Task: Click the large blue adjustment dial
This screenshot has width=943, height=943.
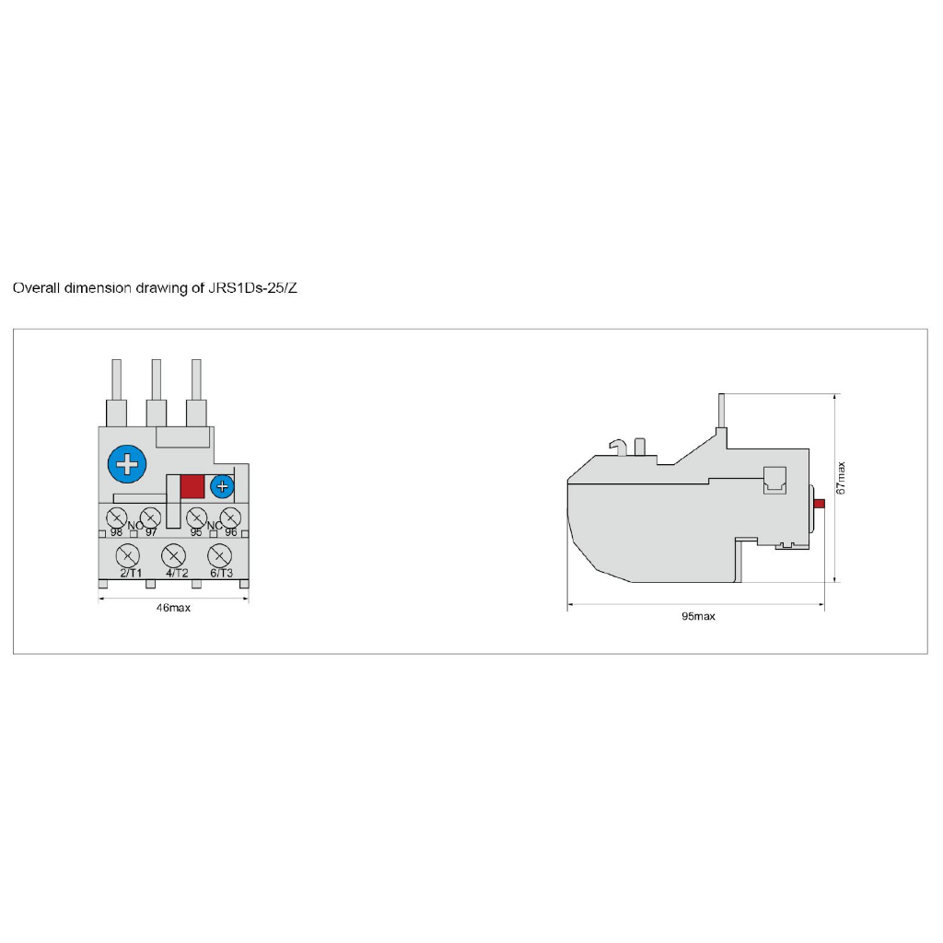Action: pos(127,464)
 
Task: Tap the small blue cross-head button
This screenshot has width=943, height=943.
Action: pos(222,486)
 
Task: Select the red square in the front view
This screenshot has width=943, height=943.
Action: pos(192,486)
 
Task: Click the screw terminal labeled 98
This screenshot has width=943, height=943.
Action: pos(116,518)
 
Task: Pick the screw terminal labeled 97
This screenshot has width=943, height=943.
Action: pos(150,518)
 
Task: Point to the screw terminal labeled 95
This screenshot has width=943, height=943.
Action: pos(197,518)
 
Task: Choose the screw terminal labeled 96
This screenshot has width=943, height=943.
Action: pos(230,518)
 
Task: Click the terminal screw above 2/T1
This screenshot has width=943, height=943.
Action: pos(127,555)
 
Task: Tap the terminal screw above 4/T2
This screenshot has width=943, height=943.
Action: pos(174,555)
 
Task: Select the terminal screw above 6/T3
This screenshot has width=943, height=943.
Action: pos(219,555)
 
